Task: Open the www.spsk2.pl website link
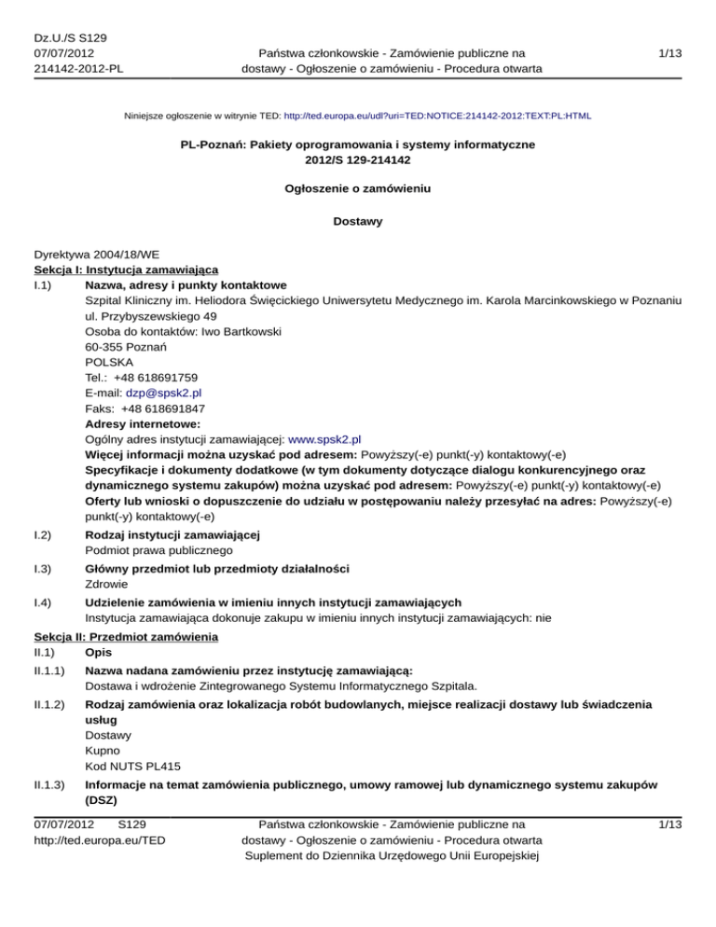(325, 438)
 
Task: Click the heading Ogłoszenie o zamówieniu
(358, 188)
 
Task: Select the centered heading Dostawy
(358, 223)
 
